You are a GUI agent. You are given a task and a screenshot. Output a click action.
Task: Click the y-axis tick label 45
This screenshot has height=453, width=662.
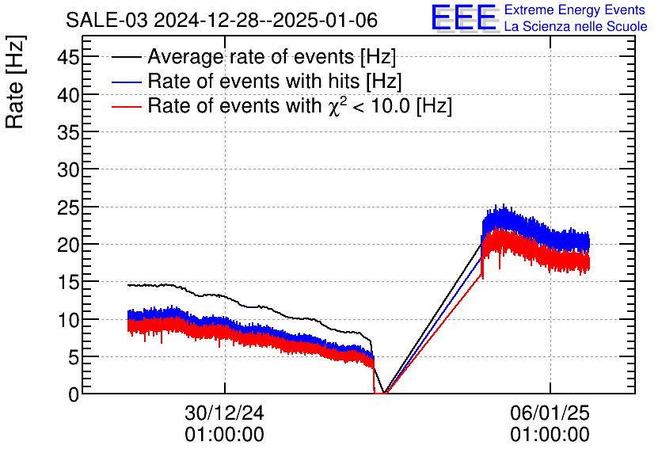click(68, 57)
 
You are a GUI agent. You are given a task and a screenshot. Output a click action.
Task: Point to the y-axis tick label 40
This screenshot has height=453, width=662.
click(68, 94)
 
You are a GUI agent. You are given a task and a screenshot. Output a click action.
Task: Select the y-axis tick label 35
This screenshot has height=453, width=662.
click(68, 132)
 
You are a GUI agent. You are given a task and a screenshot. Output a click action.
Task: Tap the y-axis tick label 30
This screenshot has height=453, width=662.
click(68, 169)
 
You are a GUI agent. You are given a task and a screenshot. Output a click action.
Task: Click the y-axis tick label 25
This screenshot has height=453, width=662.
click(68, 207)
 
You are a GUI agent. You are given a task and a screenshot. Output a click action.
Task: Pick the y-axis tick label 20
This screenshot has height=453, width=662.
click(68, 244)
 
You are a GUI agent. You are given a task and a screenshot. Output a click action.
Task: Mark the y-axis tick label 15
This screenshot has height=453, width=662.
click(68, 282)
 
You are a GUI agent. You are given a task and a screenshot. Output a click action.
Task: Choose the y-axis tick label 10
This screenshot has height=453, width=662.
click(68, 319)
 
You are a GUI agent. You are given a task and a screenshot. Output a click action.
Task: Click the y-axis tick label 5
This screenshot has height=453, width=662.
click(74, 356)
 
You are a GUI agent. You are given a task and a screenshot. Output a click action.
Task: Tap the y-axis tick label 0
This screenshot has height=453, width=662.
click(74, 394)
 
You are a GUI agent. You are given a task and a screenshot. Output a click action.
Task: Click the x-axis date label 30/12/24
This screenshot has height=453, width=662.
click(225, 413)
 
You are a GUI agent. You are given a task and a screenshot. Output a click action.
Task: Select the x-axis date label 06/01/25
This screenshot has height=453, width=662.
click(550, 413)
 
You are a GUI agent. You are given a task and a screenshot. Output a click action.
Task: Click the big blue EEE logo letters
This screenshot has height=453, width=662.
click(464, 18)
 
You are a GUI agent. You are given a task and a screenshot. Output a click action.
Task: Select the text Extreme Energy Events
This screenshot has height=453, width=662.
click(575, 10)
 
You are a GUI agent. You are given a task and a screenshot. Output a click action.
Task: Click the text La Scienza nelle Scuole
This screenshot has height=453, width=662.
click(575, 27)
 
